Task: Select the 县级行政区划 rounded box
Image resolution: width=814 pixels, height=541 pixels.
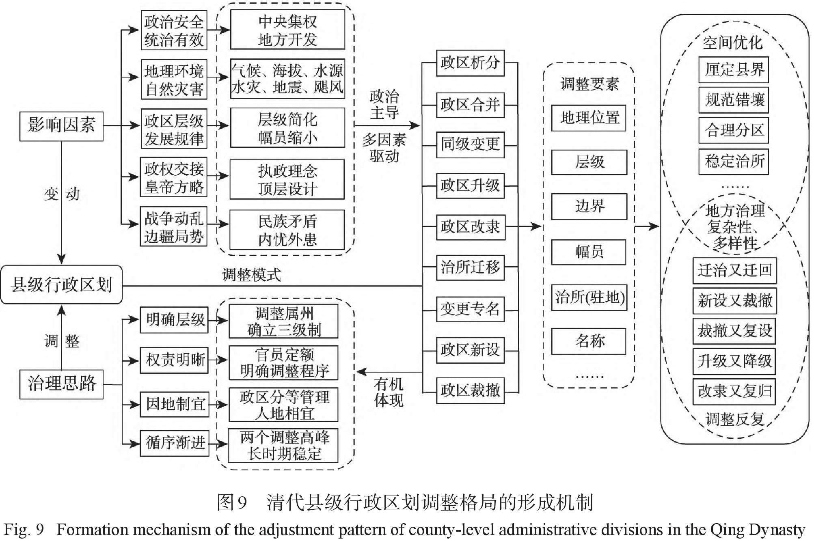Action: [61, 285]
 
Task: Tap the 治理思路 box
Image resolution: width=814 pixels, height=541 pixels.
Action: [61, 384]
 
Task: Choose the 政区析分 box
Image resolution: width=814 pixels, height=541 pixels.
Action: [470, 63]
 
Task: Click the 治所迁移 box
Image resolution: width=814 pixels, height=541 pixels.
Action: [470, 267]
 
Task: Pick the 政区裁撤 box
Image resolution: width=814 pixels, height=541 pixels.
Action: [470, 391]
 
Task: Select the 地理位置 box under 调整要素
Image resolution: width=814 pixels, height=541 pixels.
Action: [589, 118]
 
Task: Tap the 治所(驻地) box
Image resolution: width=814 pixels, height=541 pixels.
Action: [589, 297]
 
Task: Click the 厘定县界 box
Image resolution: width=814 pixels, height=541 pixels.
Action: [734, 70]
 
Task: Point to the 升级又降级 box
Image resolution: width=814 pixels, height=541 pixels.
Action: [734, 361]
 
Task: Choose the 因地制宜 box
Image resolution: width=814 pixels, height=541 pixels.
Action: [175, 404]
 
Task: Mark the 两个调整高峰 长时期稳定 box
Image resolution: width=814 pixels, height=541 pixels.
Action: [283, 446]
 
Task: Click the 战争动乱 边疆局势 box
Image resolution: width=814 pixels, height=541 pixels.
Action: [174, 227]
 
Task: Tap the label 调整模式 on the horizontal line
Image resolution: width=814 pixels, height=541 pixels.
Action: [251, 275]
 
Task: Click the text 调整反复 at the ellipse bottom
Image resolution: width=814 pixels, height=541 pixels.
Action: [734, 419]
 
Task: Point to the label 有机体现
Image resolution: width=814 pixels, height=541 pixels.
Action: [389, 392]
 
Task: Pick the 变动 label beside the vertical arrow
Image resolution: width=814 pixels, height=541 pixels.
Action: [61, 194]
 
